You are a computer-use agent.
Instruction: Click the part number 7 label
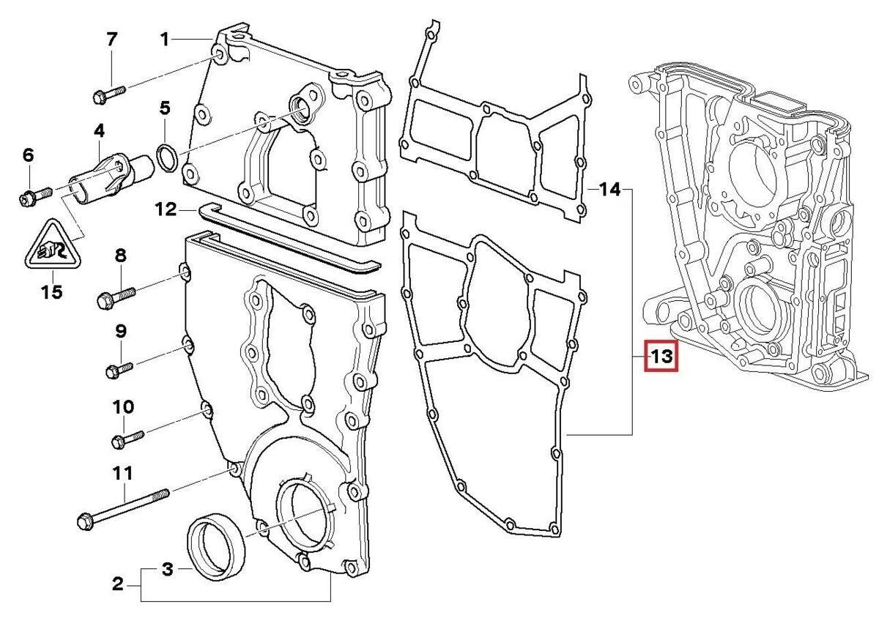pyautogui.click(x=111, y=40)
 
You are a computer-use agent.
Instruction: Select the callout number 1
pyautogui.click(x=165, y=39)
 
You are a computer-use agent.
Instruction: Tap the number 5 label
pyautogui.click(x=165, y=109)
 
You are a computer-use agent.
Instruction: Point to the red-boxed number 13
pyautogui.click(x=661, y=357)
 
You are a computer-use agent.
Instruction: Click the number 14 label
pyautogui.click(x=609, y=190)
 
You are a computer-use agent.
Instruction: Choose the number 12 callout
pyautogui.click(x=166, y=210)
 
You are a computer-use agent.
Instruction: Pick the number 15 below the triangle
pyautogui.click(x=51, y=293)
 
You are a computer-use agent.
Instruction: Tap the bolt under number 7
pyautogui.click(x=109, y=94)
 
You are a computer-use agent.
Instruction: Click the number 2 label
pyautogui.click(x=118, y=584)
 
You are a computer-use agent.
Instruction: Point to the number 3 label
pyautogui.click(x=167, y=568)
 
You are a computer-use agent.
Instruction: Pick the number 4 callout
pyautogui.click(x=99, y=132)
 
